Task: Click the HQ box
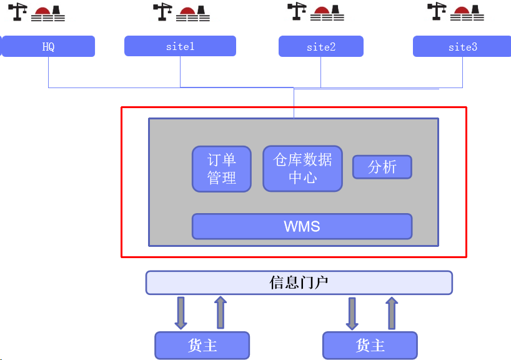tap(48, 46)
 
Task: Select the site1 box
tap(180, 46)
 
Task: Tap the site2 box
tap(321, 46)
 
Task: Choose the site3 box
tap(462, 46)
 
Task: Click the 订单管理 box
tap(222, 169)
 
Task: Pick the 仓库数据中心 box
tap(303, 169)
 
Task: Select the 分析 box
tap(382, 167)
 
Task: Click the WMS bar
tap(302, 226)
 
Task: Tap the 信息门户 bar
tap(299, 282)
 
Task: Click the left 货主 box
tap(202, 346)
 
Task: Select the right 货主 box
tap(370, 346)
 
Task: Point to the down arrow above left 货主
tap(181, 312)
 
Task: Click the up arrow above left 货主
tap(221, 312)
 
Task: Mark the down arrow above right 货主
tap(352, 313)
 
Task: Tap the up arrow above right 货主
tap(392, 313)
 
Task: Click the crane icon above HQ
tap(17, 12)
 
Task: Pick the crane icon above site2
tap(297, 11)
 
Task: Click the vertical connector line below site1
tap(180, 72)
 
